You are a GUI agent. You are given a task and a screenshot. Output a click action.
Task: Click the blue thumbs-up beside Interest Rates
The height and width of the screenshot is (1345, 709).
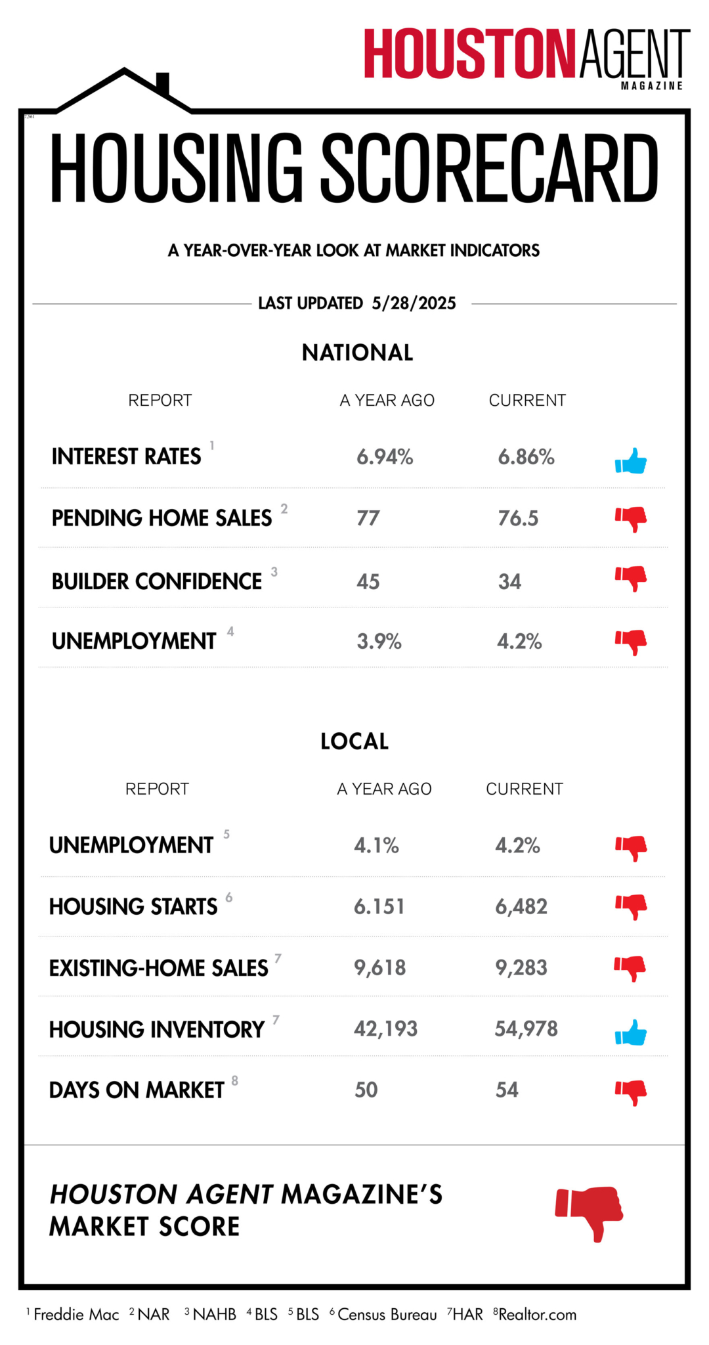(631, 461)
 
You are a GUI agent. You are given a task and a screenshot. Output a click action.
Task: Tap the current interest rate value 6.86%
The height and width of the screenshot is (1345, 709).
(526, 457)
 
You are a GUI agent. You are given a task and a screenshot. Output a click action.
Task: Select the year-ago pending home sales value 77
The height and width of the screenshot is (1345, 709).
(368, 518)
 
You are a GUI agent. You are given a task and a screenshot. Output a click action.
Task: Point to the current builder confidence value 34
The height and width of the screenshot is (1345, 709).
(509, 581)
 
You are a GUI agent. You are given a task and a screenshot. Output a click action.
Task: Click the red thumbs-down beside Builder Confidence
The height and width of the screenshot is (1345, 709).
(631, 578)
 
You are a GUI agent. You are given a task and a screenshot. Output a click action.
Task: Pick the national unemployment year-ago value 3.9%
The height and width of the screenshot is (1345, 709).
(379, 641)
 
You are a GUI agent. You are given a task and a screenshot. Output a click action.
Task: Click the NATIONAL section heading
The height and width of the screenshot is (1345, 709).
(357, 353)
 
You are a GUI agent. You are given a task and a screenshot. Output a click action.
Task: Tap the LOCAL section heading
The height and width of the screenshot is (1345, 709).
(354, 741)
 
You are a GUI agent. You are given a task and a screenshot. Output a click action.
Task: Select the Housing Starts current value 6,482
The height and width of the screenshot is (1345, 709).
(521, 906)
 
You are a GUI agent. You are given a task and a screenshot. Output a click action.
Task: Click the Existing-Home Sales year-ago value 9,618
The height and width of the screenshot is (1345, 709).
(379, 967)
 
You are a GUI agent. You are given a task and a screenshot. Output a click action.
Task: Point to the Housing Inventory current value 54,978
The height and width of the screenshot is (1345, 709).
(526, 1028)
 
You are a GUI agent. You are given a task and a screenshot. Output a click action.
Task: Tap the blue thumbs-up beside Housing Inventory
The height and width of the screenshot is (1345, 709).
(631, 1032)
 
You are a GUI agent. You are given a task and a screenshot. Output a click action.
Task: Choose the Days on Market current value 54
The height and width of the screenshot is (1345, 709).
(507, 1090)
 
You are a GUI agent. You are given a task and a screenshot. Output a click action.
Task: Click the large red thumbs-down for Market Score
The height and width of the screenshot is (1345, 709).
(590, 1212)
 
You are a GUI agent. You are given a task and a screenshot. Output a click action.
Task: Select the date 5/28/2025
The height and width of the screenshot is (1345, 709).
(414, 303)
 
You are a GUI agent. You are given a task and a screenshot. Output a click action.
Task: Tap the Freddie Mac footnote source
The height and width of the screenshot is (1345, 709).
(76, 1314)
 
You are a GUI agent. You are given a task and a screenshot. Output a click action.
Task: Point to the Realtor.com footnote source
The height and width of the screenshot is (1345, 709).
(537, 1314)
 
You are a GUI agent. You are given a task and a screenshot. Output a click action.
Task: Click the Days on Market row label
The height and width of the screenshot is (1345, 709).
(137, 1090)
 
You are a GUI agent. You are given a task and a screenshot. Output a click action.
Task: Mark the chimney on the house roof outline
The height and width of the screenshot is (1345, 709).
(163, 83)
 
